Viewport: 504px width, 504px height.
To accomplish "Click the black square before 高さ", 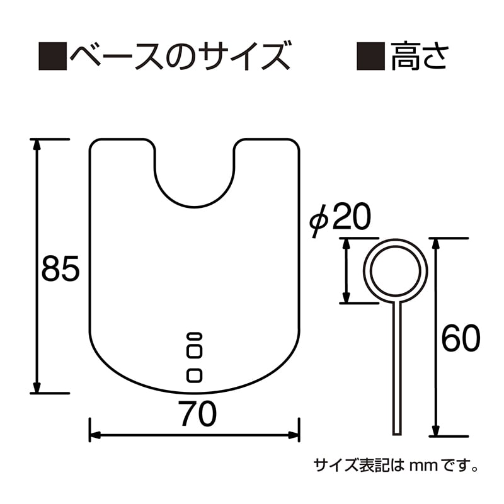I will tap(371, 56).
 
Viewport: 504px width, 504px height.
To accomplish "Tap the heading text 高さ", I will tap(420, 56).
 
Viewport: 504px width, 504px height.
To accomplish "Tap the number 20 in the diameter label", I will tap(350, 218).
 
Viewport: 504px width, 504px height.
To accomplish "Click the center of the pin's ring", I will tap(398, 270).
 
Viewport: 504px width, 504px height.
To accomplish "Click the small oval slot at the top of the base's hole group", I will tap(195, 335).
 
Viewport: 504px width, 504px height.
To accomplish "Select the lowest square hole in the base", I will tap(195, 375).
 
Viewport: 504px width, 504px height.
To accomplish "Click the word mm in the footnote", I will tap(420, 467).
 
